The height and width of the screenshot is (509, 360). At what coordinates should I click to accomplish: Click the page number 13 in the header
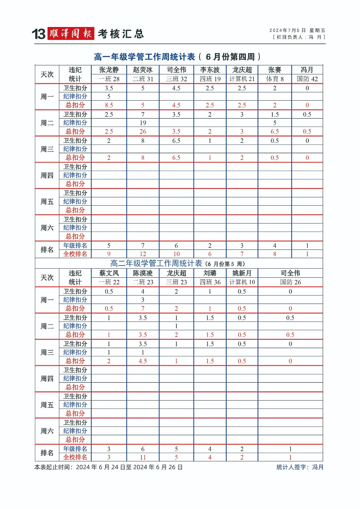click(x=39, y=34)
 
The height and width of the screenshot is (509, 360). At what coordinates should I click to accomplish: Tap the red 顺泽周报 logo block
click(x=71, y=34)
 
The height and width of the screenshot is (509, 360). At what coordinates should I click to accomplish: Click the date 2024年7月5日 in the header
click(x=287, y=30)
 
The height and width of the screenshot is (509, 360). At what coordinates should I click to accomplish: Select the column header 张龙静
click(x=109, y=70)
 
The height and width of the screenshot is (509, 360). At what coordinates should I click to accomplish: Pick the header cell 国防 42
click(x=307, y=79)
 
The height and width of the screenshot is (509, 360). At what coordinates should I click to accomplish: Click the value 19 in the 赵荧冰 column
click(x=143, y=123)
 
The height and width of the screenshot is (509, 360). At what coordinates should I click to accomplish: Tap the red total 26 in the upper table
click(x=143, y=132)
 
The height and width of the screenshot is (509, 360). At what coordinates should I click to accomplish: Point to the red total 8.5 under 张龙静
click(x=109, y=105)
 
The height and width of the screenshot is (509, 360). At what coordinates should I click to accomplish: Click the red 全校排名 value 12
click(x=143, y=254)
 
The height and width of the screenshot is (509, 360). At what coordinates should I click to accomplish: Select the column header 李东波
click(x=210, y=70)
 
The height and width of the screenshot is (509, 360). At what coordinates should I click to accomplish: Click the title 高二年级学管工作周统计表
click(x=156, y=263)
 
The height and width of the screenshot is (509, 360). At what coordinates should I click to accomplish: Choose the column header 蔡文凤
click(x=109, y=273)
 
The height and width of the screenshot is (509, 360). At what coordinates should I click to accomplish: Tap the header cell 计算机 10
click(x=242, y=282)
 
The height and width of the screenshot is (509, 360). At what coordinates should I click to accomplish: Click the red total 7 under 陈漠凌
click(x=143, y=308)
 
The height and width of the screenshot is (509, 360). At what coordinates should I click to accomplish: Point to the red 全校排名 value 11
click(x=143, y=457)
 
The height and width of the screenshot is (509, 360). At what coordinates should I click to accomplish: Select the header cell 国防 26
click(x=290, y=282)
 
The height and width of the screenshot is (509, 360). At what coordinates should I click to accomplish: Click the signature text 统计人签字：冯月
click(x=300, y=467)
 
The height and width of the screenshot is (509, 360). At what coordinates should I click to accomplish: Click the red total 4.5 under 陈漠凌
click(x=143, y=361)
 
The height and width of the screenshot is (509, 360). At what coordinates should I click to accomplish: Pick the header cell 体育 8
click(x=274, y=79)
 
